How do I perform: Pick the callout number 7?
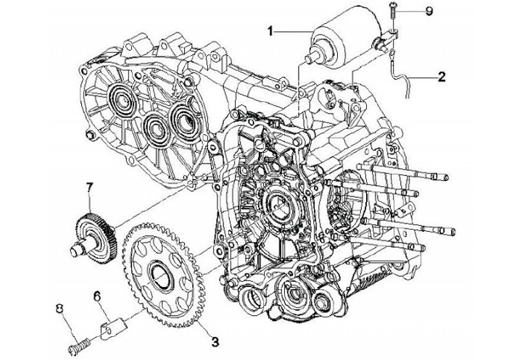pyautogui.click(x=90, y=189)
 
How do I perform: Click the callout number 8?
pyautogui.click(x=62, y=309)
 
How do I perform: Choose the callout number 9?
pyautogui.click(x=429, y=12)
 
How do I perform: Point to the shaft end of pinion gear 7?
pyautogui.click(x=75, y=251)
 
